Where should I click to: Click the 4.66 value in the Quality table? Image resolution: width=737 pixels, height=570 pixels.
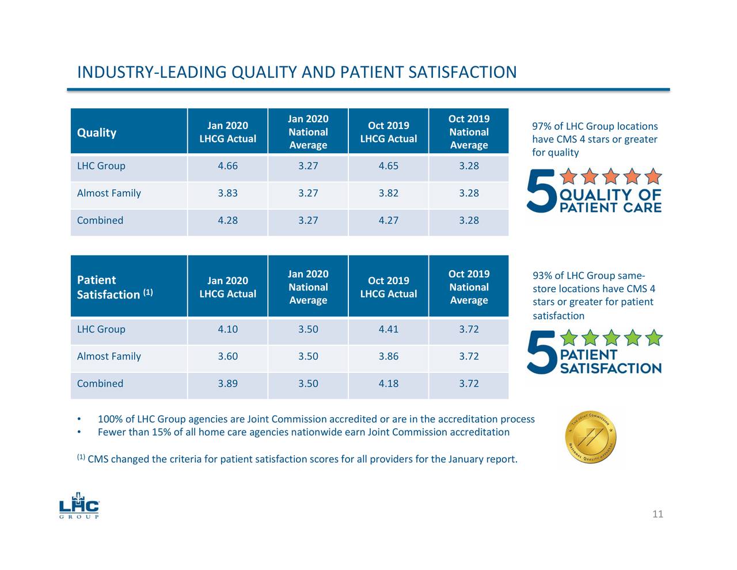click(227, 166)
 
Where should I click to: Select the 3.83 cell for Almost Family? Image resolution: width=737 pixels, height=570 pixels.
click(227, 193)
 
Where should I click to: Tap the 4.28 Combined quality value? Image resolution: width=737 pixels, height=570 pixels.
click(227, 220)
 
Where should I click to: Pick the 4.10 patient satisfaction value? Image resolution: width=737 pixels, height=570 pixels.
click(227, 329)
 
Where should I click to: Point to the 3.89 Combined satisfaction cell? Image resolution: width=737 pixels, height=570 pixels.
click(227, 383)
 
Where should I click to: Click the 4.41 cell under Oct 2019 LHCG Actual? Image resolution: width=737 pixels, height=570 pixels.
click(388, 329)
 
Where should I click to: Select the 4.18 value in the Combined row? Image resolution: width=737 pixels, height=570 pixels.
click(388, 383)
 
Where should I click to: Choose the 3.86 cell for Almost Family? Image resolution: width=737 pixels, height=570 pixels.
click(388, 356)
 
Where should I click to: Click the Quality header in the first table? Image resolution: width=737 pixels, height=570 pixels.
click(97, 133)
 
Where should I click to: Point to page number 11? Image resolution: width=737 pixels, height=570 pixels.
click(658, 514)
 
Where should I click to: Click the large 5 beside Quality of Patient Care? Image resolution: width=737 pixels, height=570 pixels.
click(541, 190)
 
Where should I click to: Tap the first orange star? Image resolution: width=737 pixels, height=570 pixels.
click(569, 176)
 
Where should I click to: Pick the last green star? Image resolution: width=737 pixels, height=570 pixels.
click(654, 338)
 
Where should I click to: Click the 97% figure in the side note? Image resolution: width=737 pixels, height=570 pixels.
click(542, 127)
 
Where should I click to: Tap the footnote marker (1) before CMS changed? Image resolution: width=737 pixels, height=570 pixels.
click(81, 458)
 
